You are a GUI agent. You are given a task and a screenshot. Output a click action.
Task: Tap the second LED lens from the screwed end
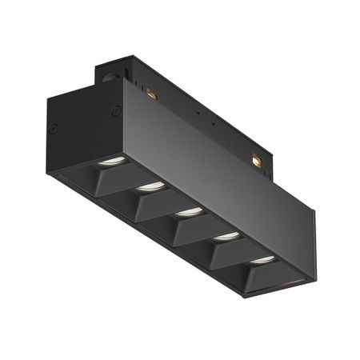(x=150, y=186)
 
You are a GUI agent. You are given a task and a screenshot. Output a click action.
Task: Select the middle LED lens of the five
(x=189, y=212)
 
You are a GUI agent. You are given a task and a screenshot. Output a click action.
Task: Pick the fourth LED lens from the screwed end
(x=226, y=236)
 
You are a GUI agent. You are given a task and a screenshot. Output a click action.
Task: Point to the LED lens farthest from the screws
(x=261, y=260)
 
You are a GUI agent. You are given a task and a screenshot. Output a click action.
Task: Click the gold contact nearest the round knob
(x=151, y=96)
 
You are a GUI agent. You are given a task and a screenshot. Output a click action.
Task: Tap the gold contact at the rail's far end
(x=257, y=161)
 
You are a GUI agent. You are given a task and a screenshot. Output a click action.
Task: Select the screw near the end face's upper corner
(x=117, y=111)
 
